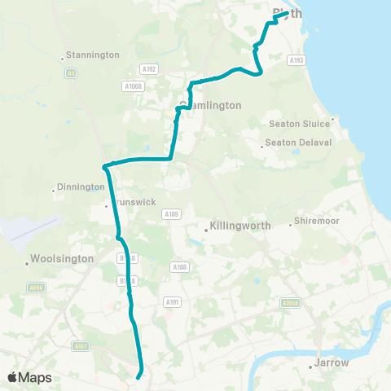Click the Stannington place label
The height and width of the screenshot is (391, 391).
coord(94,55)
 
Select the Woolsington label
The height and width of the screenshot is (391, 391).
coord(61,259)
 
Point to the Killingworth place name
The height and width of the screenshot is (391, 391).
coord(239,226)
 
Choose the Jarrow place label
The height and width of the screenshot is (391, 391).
coord(332,362)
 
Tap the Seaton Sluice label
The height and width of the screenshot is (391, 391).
coord(299,124)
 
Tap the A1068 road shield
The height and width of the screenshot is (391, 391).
coord(134,86)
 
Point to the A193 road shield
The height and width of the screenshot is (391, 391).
coord(297,59)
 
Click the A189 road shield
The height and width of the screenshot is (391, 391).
coord(170,214)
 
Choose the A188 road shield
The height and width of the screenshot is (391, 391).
coord(179,266)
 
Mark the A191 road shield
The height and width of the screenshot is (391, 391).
coord(171,302)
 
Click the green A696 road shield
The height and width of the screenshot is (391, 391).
coord(35,287)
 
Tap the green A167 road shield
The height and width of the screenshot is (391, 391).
coord(80,346)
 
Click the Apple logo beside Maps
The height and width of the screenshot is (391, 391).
coord(13,377)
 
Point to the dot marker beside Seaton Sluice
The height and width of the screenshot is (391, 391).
coord(332,119)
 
